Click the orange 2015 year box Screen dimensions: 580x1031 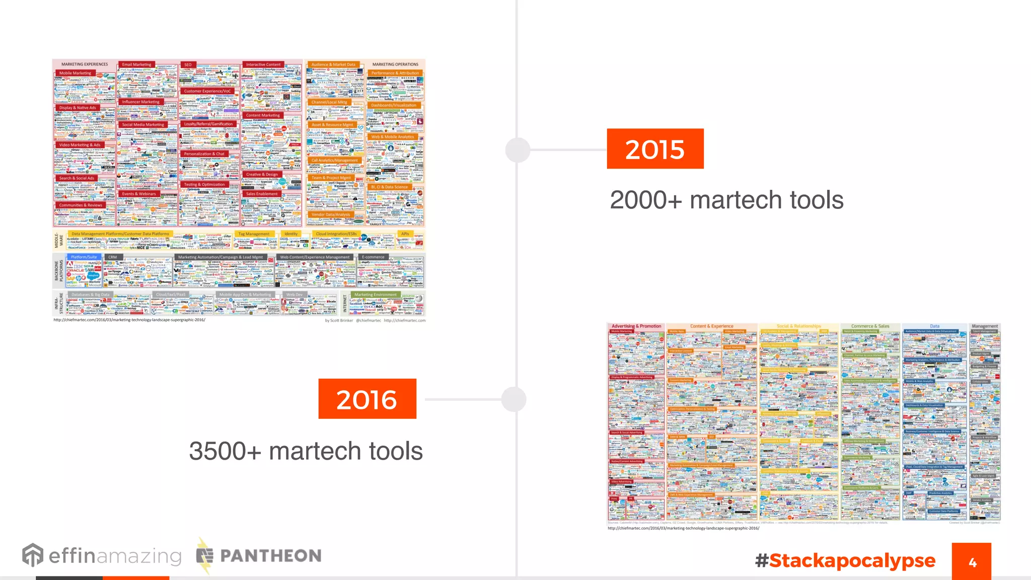(x=655, y=149)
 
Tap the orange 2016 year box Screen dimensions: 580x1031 (x=367, y=399)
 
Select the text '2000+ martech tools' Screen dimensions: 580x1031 (x=726, y=200)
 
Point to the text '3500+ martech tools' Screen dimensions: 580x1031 (x=306, y=451)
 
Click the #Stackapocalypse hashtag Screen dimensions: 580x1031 (x=845, y=560)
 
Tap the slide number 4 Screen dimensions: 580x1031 (x=972, y=562)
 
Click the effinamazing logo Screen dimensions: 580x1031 (x=102, y=555)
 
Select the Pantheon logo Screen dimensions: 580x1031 (x=259, y=555)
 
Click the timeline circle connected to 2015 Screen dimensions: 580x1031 (x=518, y=150)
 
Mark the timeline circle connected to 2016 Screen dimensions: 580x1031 (x=514, y=399)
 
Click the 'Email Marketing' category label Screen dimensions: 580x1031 (x=136, y=64)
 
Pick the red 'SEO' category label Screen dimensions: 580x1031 (x=188, y=65)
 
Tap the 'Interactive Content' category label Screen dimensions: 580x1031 (x=263, y=64)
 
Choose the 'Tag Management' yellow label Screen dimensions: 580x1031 (x=254, y=234)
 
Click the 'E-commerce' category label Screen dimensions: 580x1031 (x=373, y=257)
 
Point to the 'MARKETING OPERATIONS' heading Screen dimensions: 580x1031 (x=395, y=64)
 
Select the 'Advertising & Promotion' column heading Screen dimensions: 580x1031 (x=636, y=326)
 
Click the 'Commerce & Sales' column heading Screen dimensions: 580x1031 (x=870, y=326)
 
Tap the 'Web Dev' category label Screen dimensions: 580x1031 (x=294, y=295)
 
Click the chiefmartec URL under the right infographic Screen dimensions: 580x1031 (x=683, y=528)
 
